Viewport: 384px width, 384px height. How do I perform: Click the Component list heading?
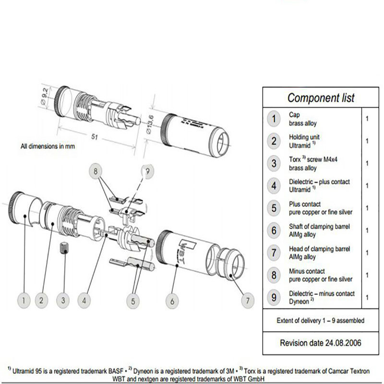tap(321, 98)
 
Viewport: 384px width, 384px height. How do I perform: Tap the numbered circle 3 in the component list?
tap(274, 163)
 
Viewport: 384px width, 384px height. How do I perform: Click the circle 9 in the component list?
tap(274, 297)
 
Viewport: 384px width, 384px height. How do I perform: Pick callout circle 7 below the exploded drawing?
tap(247, 301)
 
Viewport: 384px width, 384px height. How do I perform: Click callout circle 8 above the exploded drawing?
tap(96, 170)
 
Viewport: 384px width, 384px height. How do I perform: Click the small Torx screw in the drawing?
tap(62, 249)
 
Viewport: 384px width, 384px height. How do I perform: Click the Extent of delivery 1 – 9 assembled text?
tap(320, 320)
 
